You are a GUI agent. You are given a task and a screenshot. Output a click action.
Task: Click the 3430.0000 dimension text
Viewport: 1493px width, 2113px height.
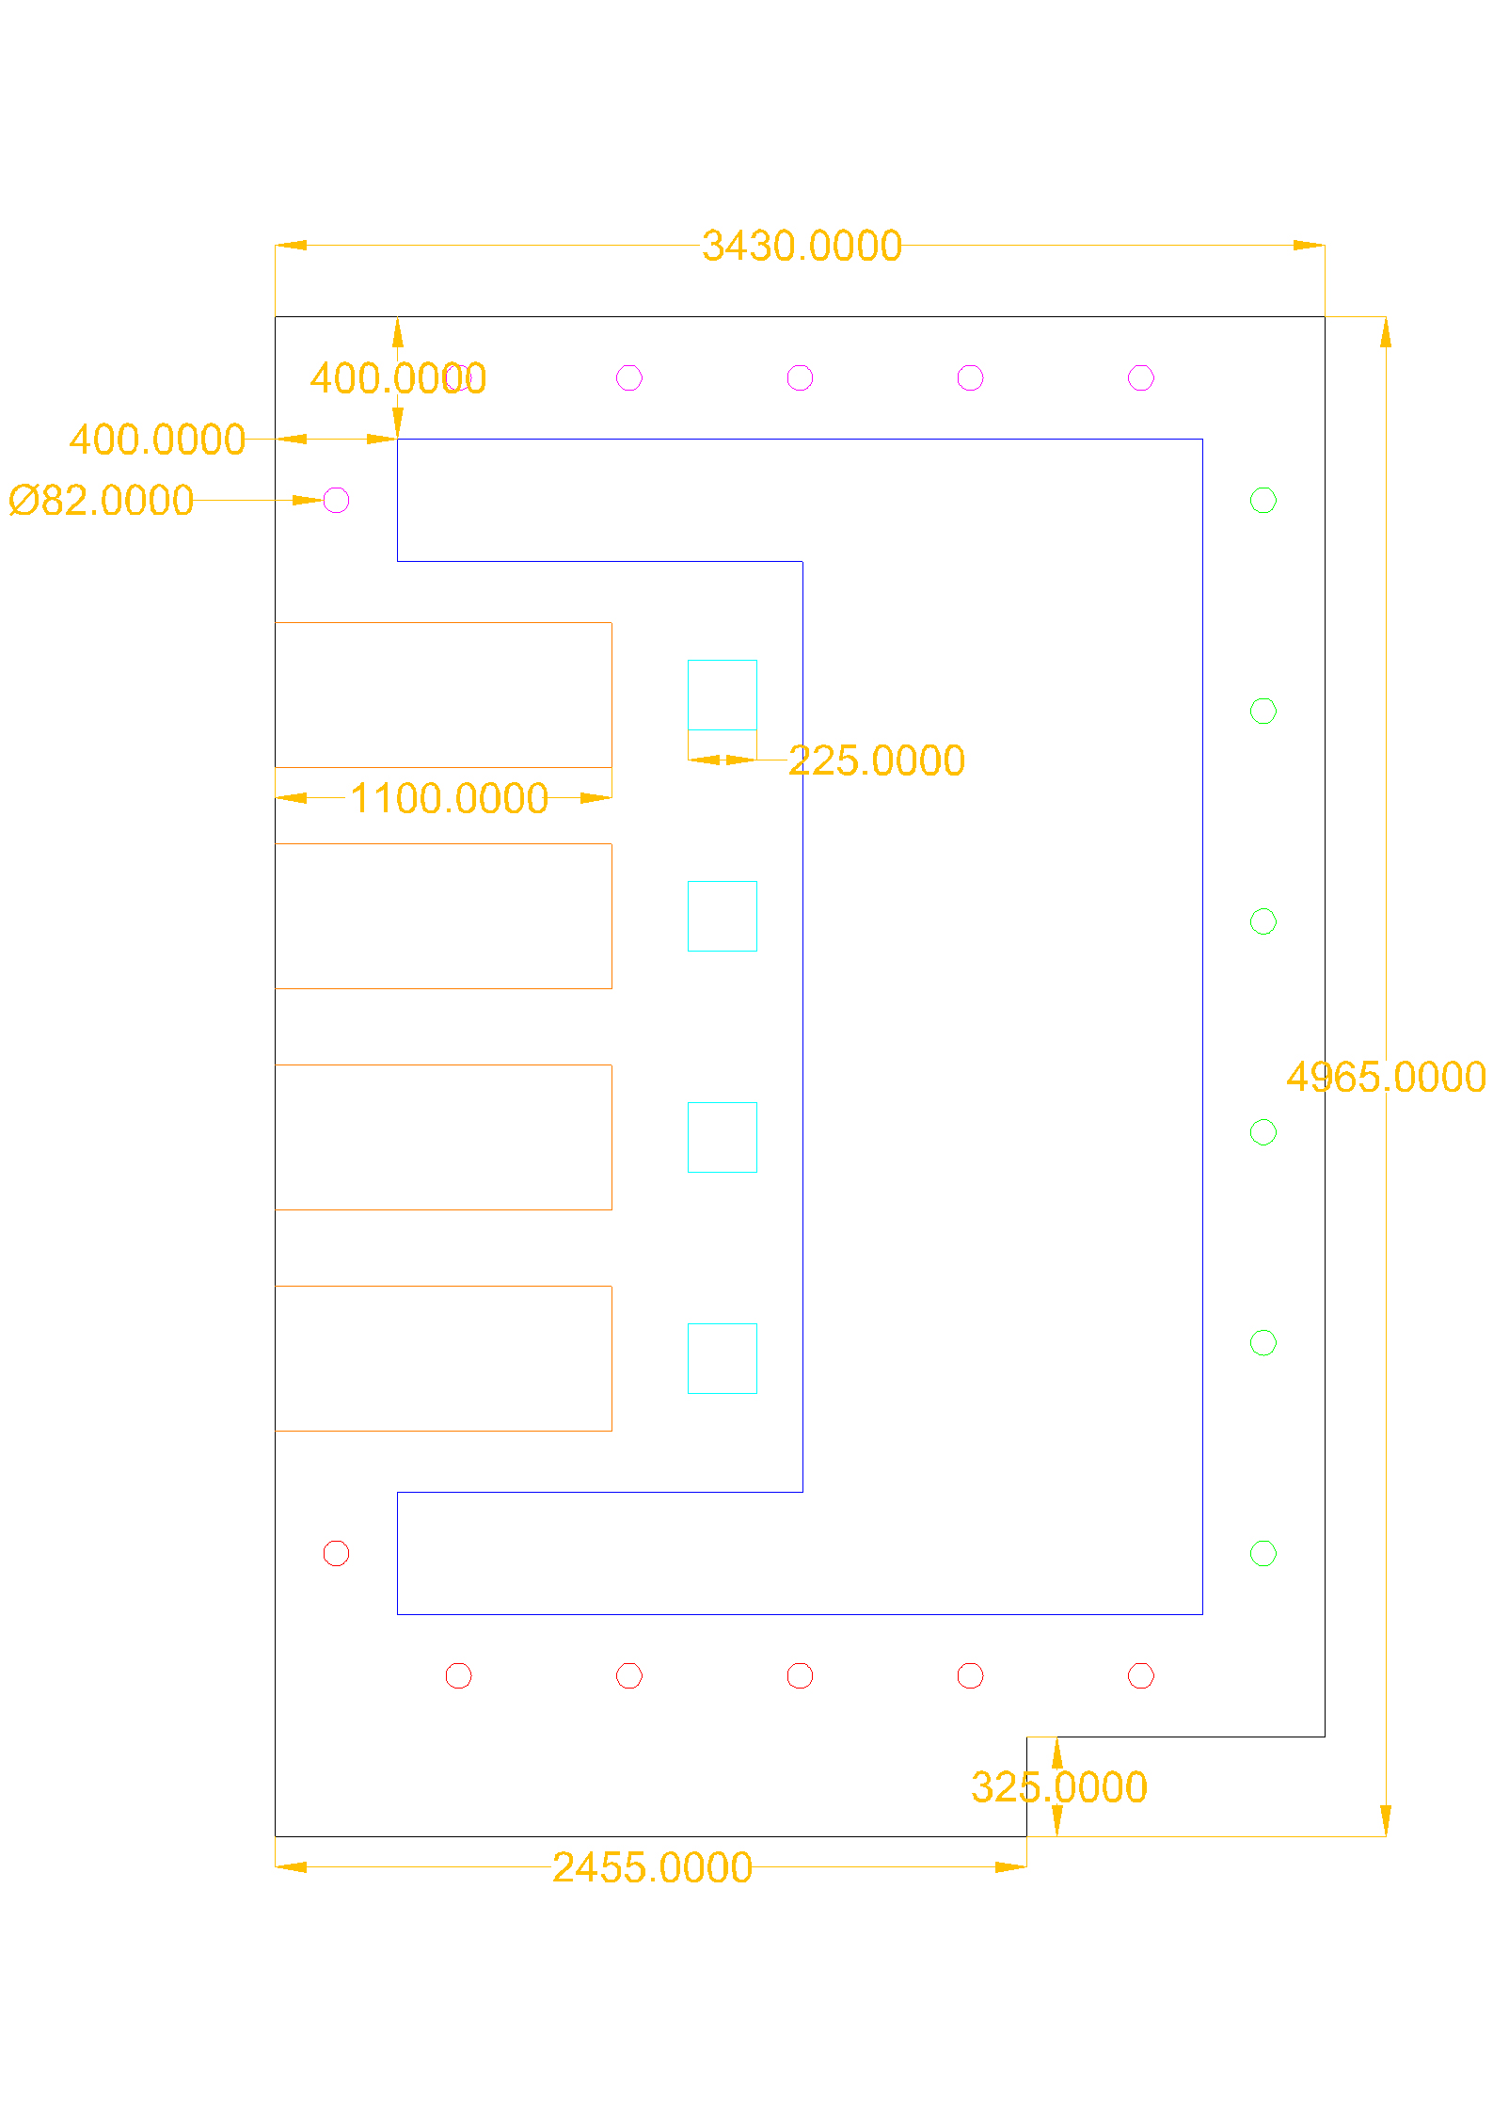click(802, 246)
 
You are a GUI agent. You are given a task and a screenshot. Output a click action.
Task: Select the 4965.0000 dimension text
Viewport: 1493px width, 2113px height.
click(1386, 1077)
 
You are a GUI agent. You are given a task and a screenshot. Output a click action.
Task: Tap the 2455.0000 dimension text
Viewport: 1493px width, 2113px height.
click(652, 1867)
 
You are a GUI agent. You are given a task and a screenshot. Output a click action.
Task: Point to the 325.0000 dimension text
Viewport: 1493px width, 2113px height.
click(1058, 1787)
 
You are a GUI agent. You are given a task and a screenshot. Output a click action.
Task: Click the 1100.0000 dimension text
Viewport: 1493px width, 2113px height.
click(449, 798)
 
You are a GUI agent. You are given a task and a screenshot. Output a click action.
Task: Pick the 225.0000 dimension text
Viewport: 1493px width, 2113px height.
click(877, 760)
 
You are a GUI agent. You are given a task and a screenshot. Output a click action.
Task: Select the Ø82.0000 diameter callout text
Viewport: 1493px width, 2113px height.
click(101, 500)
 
